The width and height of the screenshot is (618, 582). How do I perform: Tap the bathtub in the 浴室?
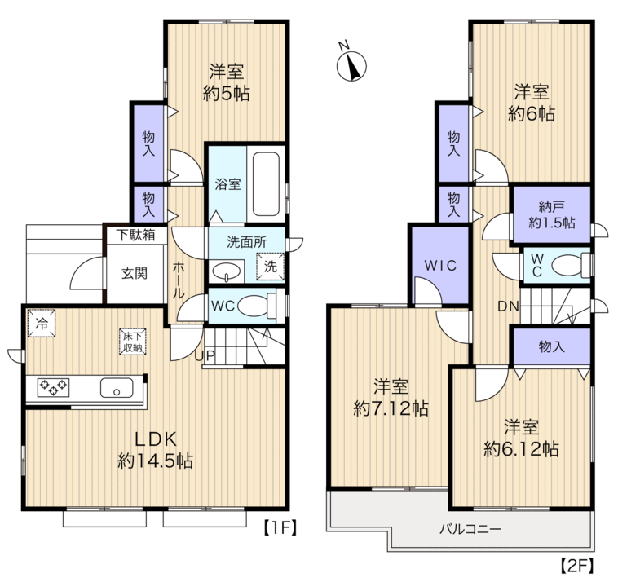coord(266,184)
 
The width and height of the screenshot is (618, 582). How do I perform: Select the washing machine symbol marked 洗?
coord(270,267)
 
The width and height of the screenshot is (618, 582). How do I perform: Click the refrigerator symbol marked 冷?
coord(42,323)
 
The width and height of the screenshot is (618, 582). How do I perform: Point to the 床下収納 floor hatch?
coord(133,342)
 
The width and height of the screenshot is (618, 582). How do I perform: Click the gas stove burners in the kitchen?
coord(53,387)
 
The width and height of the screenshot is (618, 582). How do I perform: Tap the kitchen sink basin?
coord(117,388)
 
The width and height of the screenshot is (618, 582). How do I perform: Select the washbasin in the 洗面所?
coord(227,271)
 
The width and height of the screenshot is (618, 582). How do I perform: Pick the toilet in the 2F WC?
coord(572,265)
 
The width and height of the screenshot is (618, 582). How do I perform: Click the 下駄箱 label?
coord(135,236)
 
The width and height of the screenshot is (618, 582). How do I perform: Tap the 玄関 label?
coord(135,273)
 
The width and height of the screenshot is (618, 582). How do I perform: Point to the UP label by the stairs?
coord(205,356)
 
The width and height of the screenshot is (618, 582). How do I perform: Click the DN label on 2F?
coord(508,306)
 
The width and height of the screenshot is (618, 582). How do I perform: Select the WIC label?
coord(440,266)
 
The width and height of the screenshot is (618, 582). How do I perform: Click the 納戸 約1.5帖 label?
coord(552,214)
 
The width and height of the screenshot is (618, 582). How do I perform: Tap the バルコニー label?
coord(470,528)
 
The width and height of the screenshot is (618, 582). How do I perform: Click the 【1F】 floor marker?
coord(280,528)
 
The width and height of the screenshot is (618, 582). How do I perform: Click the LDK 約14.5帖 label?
coord(155,450)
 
